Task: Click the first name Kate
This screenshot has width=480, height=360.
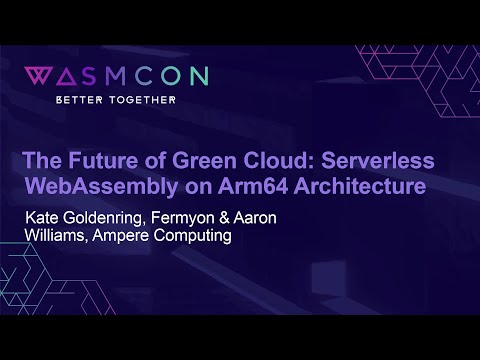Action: (45, 217)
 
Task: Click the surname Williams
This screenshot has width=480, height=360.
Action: (59, 237)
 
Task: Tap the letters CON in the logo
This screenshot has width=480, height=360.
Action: (180, 77)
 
